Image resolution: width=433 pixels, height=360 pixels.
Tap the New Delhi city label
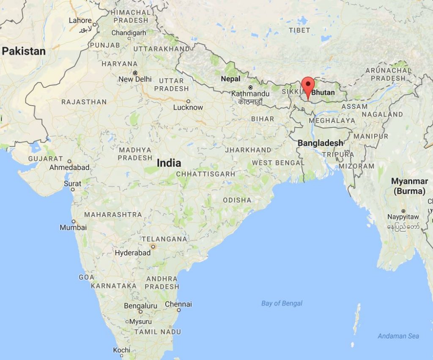pos(135,79)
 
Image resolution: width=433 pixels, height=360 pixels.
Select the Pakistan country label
pos(24,51)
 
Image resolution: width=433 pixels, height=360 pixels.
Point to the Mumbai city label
pos(73,227)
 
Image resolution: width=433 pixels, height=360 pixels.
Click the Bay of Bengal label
pos(282,303)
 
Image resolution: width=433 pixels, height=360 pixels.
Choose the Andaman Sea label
pos(398,336)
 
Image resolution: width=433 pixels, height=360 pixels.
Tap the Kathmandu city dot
pos(251,87)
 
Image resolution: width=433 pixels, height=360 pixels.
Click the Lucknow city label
pos(188,107)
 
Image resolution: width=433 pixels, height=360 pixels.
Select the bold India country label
pos(169,163)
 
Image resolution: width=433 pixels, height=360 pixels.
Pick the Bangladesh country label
pos(320,143)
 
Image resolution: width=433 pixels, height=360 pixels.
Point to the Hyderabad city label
pos(133,253)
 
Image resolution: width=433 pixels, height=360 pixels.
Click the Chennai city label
pos(178,304)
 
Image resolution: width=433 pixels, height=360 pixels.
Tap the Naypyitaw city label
pos(403,217)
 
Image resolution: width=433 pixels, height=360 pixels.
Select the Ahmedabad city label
pos(69,167)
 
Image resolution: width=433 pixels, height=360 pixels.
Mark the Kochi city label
pos(121,350)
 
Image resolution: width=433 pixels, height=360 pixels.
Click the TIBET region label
pos(299,30)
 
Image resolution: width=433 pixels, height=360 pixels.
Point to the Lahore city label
pos(80,20)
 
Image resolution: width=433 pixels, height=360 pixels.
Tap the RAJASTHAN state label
pos(84,102)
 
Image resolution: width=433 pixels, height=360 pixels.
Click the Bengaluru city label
pos(140,306)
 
